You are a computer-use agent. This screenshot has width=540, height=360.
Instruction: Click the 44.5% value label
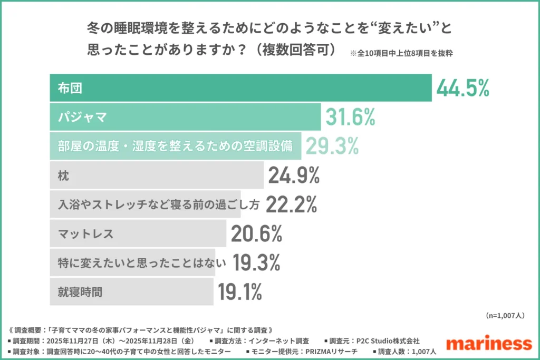[463, 88]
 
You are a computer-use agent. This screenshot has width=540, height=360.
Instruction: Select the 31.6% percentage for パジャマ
[350, 117]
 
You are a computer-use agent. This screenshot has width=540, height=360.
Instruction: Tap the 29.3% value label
[332, 146]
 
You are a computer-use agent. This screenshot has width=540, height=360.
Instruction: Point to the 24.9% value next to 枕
[294, 176]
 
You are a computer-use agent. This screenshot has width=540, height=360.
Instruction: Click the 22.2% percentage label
[291, 205]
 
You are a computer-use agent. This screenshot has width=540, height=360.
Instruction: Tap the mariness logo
[488, 343]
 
